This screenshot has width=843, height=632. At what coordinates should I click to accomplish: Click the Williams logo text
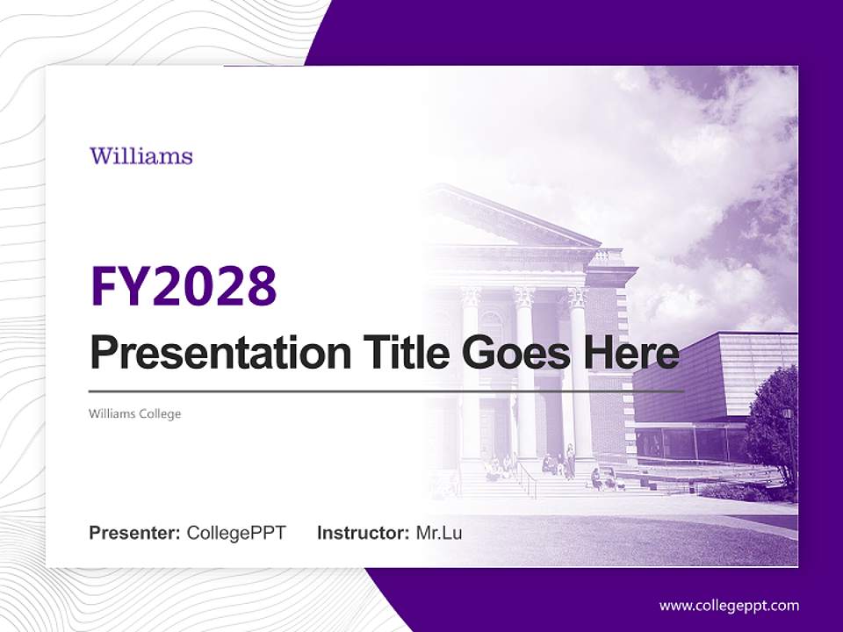(140, 157)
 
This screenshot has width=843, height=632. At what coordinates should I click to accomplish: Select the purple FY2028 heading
(184, 286)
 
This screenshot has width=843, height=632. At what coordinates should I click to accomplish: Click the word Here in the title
(629, 353)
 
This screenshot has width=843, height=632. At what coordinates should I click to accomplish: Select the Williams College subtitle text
(134, 413)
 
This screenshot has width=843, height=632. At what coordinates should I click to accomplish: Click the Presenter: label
(135, 533)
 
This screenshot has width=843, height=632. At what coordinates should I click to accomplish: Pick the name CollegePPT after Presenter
(236, 533)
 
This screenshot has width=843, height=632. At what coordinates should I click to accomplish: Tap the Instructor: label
(363, 533)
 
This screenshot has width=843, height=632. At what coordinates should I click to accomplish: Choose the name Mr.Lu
(439, 533)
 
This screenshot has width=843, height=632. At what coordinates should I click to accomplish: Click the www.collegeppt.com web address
(729, 606)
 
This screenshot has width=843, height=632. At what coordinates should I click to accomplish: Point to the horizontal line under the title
(386, 391)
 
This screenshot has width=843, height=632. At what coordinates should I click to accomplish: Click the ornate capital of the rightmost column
(577, 297)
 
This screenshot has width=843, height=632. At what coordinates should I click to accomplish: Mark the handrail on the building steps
(527, 478)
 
